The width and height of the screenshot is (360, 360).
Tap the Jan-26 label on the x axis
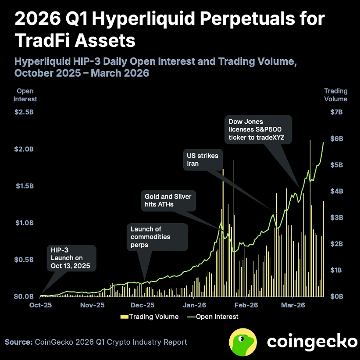coord(195,305)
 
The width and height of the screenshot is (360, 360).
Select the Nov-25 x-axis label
coord(93,305)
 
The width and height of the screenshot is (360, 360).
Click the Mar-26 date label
coord(293,305)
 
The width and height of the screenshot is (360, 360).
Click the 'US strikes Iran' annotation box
coord(202,160)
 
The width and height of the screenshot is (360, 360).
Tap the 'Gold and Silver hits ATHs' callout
coord(168,201)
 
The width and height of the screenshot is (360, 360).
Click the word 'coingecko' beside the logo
coord(312,342)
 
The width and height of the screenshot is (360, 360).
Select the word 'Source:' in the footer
coord(18,342)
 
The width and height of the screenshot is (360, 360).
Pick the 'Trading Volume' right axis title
coord(335,95)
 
